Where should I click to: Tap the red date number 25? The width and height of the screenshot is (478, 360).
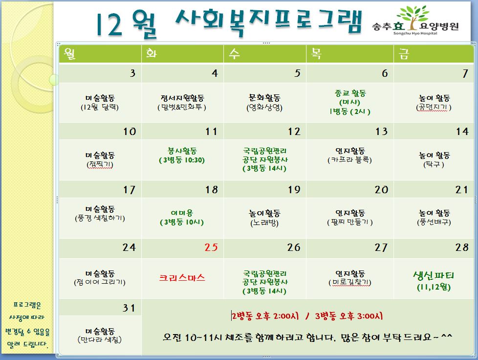[x=211, y=247]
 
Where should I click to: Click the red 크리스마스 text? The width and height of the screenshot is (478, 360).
[x=182, y=278]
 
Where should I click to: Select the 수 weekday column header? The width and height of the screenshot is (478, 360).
[x=234, y=54]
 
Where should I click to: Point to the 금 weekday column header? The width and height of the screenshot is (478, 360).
[x=404, y=54]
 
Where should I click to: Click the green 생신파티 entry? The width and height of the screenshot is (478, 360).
[x=434, y=281]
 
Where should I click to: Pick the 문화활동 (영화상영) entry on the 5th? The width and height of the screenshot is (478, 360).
[x=264, y=103]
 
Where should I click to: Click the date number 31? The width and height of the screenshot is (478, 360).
[x=129, y=308]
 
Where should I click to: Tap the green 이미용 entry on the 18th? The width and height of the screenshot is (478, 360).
[x=182, y=218]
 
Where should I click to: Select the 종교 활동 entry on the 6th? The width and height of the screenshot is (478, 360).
[x=350, y=103]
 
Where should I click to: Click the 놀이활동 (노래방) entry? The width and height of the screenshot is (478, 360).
[x=264, y=218]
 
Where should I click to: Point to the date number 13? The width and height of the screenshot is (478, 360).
[x=381, y=132]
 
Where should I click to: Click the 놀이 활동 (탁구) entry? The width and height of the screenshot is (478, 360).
[x=434, y=160]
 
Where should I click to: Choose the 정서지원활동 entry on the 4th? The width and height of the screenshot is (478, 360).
[x=182, y=103]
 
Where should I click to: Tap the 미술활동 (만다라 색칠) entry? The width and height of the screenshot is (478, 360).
[x=100, y=335]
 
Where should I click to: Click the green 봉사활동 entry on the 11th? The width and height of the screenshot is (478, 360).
[x=182, y=156]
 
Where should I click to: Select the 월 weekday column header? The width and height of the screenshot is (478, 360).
[x=69, y=54]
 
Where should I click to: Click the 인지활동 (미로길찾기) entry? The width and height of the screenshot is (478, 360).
[x=350, y=278]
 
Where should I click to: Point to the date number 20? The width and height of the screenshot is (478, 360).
[x=381, y=190]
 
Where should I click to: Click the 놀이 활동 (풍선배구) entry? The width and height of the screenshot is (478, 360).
[x=434, y=218]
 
